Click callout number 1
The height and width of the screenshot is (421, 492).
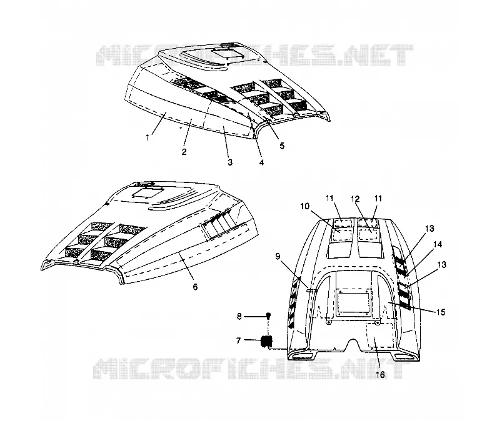(148, 137)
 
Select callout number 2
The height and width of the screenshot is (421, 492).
(184, 152)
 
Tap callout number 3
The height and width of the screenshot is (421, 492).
(230, 162)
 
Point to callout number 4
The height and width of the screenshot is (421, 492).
(261, 162)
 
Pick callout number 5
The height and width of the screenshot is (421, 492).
(282, 146)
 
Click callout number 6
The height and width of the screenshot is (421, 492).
(195, 287)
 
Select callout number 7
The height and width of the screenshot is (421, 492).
(238, 340)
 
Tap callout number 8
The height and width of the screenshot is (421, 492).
(239, 317)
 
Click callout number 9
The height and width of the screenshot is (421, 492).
(278, 257)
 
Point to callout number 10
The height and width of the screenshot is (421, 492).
(304, 206)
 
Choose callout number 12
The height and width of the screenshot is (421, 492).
(355, 199)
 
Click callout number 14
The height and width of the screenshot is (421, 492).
(438, 244)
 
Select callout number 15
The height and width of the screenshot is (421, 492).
(441, 312)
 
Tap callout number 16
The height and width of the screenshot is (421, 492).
(380, 375)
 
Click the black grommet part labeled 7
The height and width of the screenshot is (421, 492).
(267, 341)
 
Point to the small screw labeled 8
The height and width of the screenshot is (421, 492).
(269, 315)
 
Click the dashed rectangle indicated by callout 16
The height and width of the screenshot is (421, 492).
(381, 336)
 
